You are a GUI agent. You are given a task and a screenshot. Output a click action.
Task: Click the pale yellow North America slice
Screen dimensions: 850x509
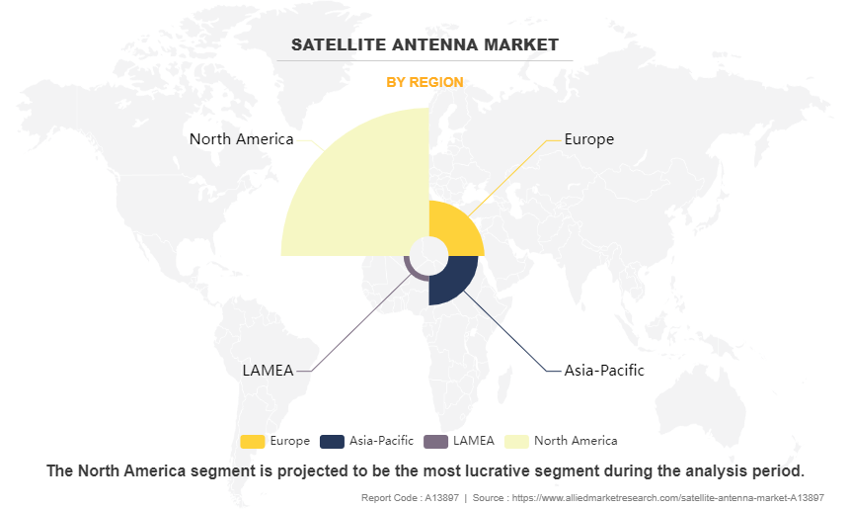368,196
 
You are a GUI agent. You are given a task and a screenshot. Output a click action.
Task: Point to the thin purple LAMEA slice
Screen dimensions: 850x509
413,273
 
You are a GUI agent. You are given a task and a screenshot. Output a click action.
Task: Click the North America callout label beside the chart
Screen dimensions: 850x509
241,139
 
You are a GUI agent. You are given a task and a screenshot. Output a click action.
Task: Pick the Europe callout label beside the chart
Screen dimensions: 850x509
589,139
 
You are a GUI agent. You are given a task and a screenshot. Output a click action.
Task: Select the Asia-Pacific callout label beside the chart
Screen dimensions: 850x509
604,370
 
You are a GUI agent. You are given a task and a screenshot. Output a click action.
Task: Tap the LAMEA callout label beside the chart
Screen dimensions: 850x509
268,370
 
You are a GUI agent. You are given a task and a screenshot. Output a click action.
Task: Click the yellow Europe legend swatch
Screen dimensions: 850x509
253,441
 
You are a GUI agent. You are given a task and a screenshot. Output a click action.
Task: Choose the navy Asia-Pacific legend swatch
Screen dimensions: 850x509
332,441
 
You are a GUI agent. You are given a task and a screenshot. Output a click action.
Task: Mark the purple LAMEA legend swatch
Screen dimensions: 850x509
435,441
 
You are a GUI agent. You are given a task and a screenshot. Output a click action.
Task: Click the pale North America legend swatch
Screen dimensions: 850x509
516,441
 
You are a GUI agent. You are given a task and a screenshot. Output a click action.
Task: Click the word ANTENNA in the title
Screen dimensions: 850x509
434,44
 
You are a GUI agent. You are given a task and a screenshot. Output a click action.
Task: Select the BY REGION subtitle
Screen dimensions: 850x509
425,82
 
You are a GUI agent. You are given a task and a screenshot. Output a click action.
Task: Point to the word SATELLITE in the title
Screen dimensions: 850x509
339,44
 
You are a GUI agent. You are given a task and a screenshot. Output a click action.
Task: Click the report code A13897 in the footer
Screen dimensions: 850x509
442,497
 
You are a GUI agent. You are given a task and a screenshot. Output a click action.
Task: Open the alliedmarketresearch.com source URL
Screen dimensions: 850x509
667,497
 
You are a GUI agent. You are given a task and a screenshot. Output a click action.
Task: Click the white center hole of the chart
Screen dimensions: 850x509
428,256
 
